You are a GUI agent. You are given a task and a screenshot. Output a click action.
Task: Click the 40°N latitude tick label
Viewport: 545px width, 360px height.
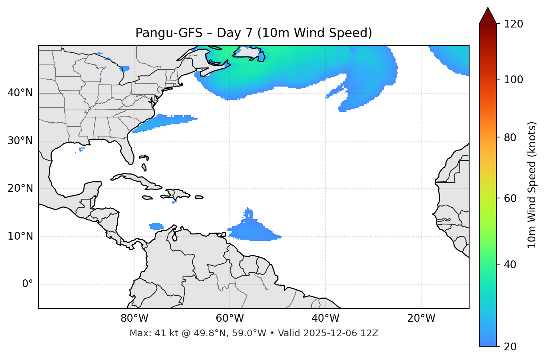pos(20,93)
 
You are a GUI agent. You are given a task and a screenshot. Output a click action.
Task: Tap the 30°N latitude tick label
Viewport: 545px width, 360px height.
pos(20,141)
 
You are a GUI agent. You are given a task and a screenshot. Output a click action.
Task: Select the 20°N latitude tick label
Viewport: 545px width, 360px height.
pos(20,188)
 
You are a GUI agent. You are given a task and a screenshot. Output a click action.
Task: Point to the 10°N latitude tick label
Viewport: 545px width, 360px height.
pos(20,236)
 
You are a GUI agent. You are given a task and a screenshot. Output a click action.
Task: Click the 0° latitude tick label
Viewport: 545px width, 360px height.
pos(28,284)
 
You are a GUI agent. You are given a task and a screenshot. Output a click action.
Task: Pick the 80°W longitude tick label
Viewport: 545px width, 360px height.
pos(134,318)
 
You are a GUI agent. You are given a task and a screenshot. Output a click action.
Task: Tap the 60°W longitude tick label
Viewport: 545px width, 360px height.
pos(230,318)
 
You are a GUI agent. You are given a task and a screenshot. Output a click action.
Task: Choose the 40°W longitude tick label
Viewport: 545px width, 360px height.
pos(325,318)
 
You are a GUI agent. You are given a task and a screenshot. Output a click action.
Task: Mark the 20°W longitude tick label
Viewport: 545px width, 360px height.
pos(421,318)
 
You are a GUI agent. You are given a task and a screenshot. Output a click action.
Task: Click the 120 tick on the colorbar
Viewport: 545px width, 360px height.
pos(513,24)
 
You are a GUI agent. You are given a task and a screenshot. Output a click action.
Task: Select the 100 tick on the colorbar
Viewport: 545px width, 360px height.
pos(513,80)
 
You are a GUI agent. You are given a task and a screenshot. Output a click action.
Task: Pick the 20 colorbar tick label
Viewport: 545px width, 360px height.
pos(510,347)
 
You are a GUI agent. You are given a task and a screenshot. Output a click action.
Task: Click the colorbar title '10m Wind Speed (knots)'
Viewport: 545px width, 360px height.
pos(532,185)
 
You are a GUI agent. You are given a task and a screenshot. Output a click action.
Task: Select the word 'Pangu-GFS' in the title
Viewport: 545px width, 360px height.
pos(169,33)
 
